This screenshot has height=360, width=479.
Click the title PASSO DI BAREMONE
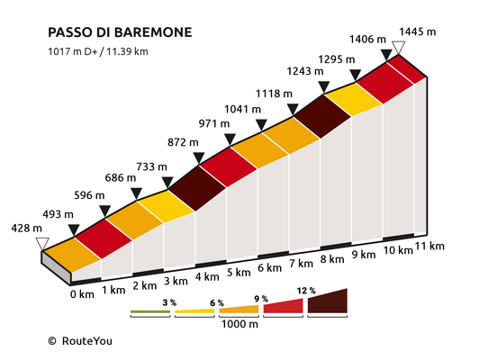[x=120, y=32]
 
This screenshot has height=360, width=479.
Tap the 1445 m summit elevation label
[x=417, y=31]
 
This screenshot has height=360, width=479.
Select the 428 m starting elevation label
[x=27, y=228]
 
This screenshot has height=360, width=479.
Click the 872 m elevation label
[x=183, y=142]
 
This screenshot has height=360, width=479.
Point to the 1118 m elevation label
[x=274, y=93]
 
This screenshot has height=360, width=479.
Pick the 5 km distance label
[x=239, y=272]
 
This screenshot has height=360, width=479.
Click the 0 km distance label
[x=82, y=294]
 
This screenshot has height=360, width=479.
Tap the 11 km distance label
[x=429, y=246]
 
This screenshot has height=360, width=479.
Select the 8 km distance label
[x=332, y=259]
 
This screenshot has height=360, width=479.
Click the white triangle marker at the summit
[x=398, y=48]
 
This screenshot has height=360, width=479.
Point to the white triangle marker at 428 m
[x=42, y=244]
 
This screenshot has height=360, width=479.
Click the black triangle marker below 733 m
[x=167, y=183]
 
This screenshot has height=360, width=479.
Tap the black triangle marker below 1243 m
[x=324, y=87]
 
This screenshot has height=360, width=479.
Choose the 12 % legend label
[x=306, y=291]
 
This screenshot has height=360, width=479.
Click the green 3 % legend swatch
[x=150, y=311]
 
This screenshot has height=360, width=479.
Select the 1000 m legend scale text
[x=239, y=324]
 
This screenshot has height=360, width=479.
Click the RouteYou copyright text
[x=80, y=341]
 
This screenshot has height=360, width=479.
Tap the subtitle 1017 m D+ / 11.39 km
[x=98, y=51]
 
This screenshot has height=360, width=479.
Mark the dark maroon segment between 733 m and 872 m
[x=197, y=188]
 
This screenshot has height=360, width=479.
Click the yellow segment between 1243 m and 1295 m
[x=353, y=100]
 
